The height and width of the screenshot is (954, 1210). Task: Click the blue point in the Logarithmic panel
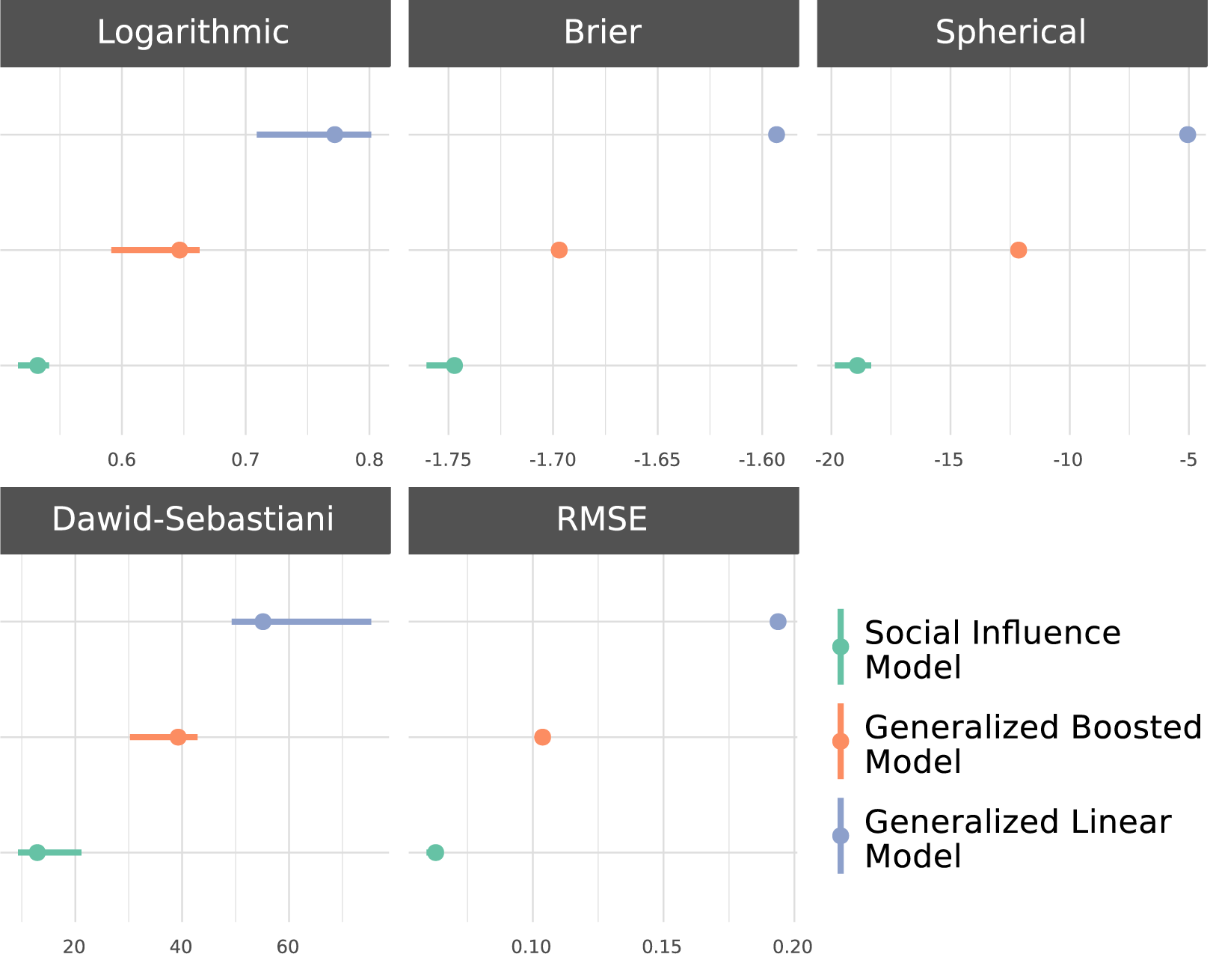[334, 135]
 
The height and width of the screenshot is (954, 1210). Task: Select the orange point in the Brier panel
[559, 250]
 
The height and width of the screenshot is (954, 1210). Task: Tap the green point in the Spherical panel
[858, 366]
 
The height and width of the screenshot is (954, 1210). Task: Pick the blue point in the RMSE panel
[778, 622]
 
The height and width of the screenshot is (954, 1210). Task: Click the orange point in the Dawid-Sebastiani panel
[178, 737]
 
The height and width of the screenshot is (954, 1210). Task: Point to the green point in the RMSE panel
[435, 853]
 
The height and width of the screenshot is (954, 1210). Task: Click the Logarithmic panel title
[193, 32]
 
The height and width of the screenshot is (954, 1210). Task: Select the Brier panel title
[602, 32]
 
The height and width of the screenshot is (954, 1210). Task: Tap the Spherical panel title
[1010, 32]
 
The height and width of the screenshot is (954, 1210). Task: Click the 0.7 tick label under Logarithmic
[245, 460]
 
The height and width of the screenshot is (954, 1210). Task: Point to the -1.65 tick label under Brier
[657, 460]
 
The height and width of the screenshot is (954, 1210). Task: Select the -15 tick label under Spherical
[948, 460]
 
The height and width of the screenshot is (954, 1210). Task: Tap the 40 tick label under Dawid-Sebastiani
[180, 947]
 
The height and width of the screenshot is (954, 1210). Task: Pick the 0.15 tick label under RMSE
[662, 947]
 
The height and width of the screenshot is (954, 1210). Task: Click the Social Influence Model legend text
[992, 649]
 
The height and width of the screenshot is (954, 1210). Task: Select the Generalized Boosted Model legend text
[1034, 744]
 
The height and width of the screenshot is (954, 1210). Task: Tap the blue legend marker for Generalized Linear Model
[841, 836]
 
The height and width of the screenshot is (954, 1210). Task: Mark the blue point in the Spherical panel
[1188, 135]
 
